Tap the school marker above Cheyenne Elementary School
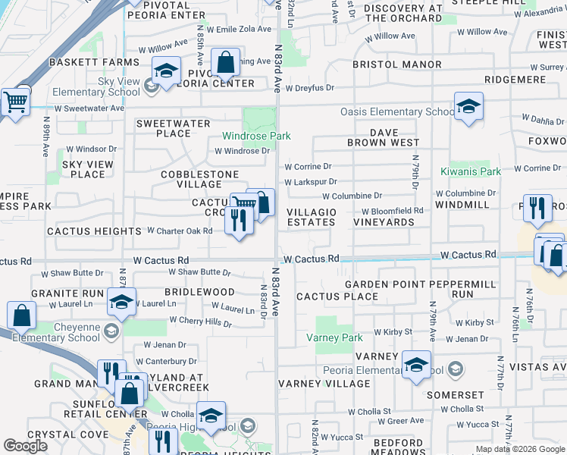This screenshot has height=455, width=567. click(x=121, y=302)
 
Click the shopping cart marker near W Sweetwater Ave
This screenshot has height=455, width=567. click(x=14, y=101)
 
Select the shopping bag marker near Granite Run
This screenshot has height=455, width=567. click(x=22, y=315)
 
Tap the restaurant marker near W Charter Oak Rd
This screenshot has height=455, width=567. click(x=239, y=221)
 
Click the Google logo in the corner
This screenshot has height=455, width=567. click(x=26, y=446)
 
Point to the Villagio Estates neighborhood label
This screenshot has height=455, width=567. click(x=311, y=217)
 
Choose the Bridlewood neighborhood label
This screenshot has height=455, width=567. click(x=199, y=292)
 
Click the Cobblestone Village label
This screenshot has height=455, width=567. click(x=190, y=179)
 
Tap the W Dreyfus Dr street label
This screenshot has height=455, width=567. click(x=309, y=88)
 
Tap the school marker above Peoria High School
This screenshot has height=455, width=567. click(x=211, y=415)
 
